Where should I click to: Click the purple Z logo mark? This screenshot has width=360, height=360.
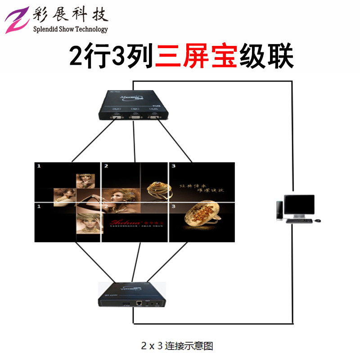(x=18, y=20)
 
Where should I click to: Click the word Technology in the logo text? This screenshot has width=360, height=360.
(x=88, y=29)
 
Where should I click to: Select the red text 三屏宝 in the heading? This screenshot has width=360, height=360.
(x=196, y=57)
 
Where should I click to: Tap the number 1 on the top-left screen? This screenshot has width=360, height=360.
(x=39, y=166)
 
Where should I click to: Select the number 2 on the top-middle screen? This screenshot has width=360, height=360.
(x=106, y=166)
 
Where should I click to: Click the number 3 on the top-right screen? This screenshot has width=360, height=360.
(x=173, y=166)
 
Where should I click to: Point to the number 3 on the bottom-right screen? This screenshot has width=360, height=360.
(x=173, y=207)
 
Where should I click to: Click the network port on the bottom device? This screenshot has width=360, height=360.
(x=140, y=303)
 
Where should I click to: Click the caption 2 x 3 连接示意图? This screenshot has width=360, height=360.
(x=176, y=346)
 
